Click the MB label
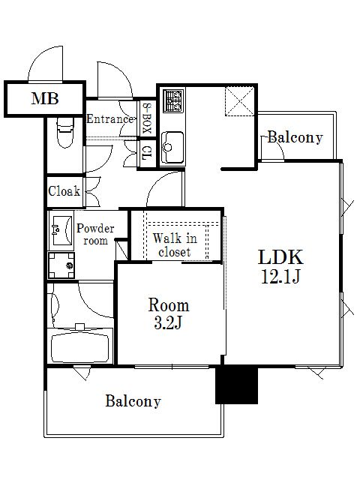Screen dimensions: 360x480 (45, 98)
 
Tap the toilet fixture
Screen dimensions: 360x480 (65, 133)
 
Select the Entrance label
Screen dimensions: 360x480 (110, 118)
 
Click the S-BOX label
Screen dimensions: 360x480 (147, 118)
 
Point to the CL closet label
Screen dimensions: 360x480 (147, 153)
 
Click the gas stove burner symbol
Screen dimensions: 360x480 (173, 100)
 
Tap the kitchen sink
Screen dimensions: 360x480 (172, 148)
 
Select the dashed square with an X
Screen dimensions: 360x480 (240, 101)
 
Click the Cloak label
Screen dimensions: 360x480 (64, 191)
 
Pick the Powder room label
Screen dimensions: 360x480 (95, 235)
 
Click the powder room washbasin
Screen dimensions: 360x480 (62, 230)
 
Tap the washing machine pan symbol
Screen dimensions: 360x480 (61, 265)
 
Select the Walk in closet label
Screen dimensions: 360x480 (175, 245)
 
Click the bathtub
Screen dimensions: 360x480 (80, 348)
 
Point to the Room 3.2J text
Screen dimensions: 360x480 (169, 313)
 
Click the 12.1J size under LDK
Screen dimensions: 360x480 (280, 277)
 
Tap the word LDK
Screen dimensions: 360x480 (280, 256)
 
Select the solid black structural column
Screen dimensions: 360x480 (237, 385)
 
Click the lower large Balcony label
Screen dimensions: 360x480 (133, 401)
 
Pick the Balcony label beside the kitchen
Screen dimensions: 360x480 (295, 137)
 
